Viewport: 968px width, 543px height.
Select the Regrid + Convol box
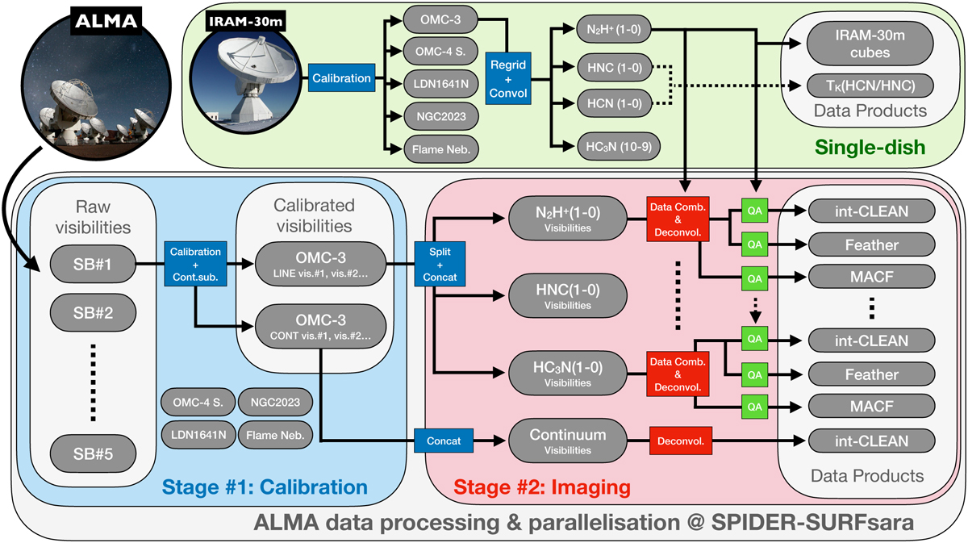[508, 79]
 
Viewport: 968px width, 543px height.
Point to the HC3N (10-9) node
[610, 145]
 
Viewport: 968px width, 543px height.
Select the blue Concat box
[442, 441]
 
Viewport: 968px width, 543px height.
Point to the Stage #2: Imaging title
[540, 487]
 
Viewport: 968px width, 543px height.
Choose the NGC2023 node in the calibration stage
[280, 400]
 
